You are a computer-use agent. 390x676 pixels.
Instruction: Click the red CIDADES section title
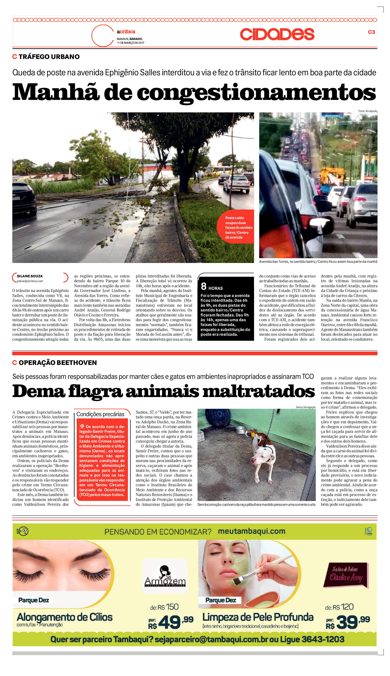(277, 34)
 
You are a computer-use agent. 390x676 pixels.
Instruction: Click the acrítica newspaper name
(126, 32)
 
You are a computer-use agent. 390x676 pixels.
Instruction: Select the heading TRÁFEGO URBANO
(49, 57)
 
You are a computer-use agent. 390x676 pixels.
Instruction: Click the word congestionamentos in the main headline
(256, 93)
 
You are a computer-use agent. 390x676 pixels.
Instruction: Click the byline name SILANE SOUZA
(30, 276)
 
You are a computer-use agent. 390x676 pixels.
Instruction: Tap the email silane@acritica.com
(30, 281)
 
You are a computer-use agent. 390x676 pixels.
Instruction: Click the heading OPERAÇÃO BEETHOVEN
(57, 363)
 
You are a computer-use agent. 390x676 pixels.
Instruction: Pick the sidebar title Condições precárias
(100, 414)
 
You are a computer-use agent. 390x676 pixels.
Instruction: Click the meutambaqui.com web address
(251, 531)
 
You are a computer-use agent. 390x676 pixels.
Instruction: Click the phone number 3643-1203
(323, 639)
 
